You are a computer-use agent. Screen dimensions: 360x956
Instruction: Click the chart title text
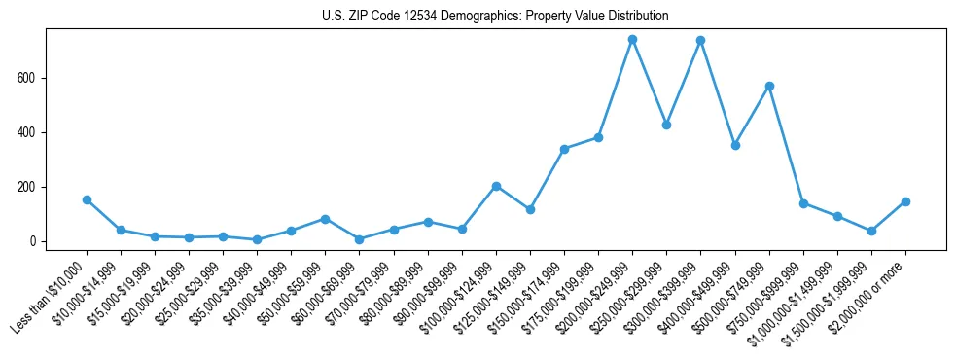(x=495, y=17)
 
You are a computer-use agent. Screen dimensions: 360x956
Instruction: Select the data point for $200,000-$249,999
(x=632, y=40)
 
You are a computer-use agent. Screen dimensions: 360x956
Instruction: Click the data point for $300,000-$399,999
(x=700, y=41)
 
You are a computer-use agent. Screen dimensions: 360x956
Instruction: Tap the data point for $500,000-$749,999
(x=769, y=86)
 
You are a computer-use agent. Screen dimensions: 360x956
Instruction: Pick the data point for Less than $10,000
(x=87, y=199)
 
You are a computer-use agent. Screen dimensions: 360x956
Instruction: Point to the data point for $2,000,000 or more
(x=905, y=201)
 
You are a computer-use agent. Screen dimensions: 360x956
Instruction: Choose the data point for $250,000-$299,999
(x=666, y=125)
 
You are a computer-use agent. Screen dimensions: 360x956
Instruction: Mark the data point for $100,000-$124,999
(x=496, y=186)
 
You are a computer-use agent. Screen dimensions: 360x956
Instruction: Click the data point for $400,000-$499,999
(x=735, y=145)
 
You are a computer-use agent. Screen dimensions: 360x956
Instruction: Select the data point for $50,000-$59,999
(x=325, y=219)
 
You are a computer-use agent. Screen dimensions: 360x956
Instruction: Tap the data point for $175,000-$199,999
(x=598, y=137)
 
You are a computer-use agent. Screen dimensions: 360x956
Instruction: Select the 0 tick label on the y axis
(x=34, y=241)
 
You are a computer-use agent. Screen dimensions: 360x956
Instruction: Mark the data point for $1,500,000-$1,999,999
(x=871, y=231)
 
